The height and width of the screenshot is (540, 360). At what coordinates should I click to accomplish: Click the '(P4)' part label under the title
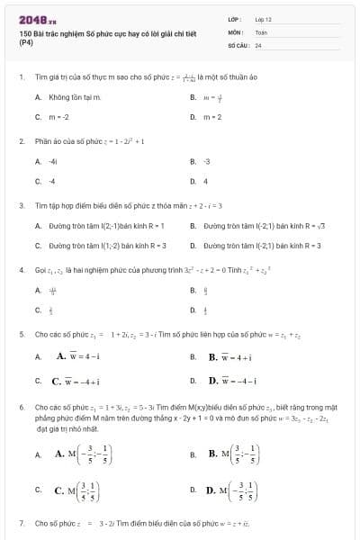[26, 41]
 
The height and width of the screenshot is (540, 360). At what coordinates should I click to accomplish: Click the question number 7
[21, 522]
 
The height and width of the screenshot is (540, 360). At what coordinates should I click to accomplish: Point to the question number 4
[21, 269]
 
